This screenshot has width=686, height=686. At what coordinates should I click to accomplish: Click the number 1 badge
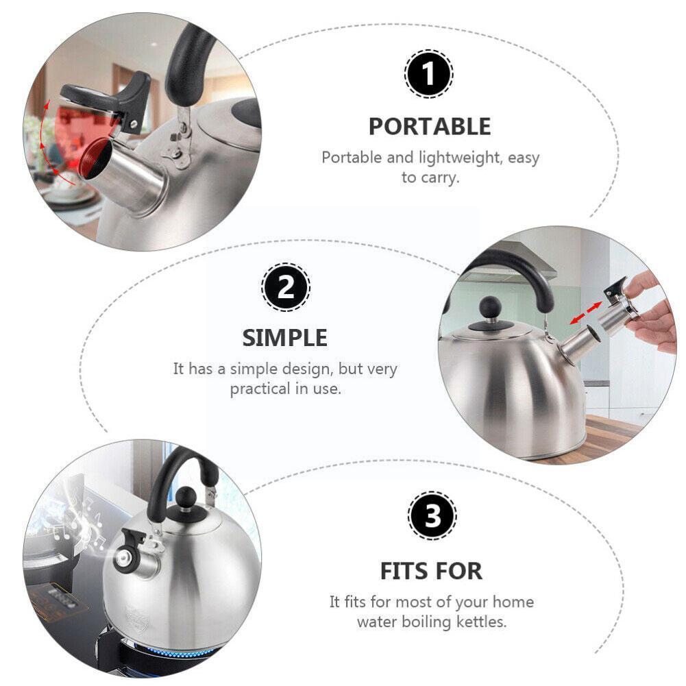(428, 75)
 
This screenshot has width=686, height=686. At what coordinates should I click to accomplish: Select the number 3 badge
(432, 517)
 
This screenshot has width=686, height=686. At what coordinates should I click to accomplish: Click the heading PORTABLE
(430, 127)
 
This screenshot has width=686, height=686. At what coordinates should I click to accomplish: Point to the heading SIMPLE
(285, 338)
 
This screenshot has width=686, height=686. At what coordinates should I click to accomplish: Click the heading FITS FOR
(431, 570)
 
